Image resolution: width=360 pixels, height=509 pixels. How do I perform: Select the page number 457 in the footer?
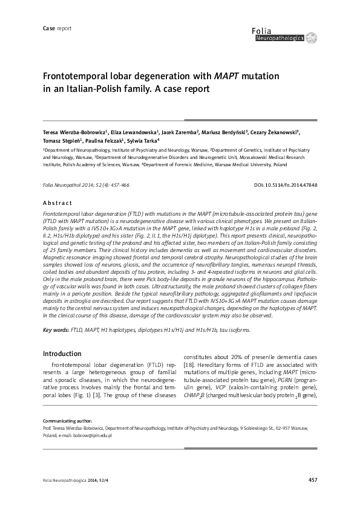point(312,480)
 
